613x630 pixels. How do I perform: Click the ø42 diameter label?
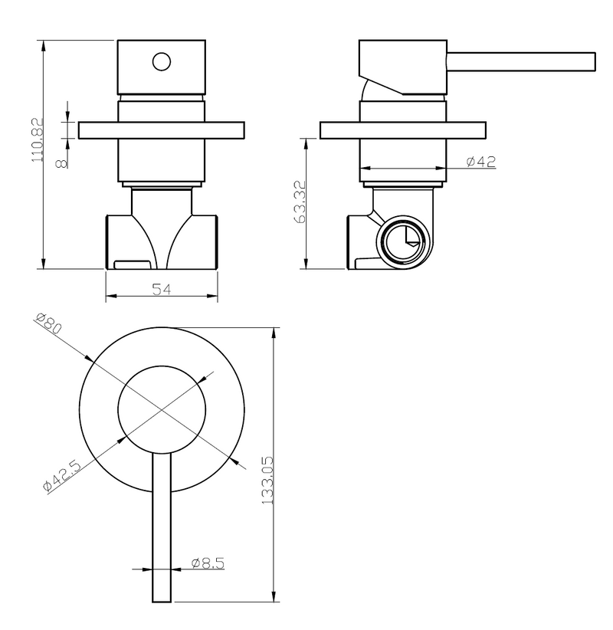(480, 162)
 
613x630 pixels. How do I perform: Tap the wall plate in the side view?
(403, 130)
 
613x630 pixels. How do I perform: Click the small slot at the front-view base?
(132, 264)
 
